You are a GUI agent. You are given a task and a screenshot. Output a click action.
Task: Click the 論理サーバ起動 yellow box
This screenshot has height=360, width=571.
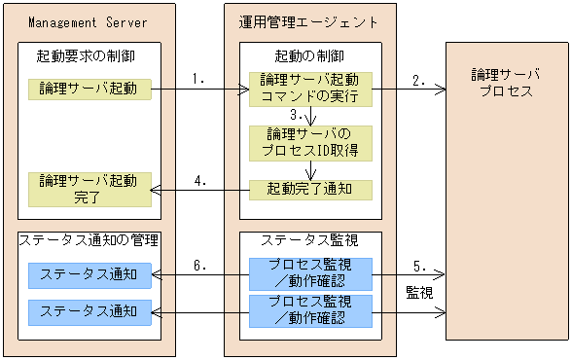pos(89,90)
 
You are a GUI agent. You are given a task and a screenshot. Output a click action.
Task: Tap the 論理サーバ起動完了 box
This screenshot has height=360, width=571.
pos(89,190)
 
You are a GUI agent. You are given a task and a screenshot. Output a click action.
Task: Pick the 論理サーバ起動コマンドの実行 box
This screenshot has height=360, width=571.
pos(310,88)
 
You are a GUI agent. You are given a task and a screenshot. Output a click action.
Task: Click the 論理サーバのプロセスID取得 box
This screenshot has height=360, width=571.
pos(310,144)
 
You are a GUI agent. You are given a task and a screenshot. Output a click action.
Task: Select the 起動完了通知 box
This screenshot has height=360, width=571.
pos(310,190)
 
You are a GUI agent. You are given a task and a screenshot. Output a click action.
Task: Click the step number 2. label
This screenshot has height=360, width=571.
pos(419,81)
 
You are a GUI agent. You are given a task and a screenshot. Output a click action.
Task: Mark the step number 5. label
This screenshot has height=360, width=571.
pos(419,266)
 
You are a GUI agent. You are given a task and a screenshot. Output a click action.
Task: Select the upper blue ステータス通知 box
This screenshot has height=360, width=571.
pos(89,275)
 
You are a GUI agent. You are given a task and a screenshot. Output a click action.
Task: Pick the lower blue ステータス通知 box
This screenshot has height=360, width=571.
pos(89,311)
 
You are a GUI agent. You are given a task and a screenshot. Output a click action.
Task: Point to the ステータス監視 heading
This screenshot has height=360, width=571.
pos(309,240)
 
